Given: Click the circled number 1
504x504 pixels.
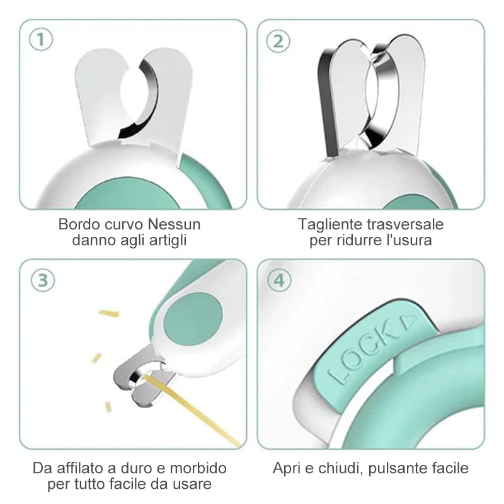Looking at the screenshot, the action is click(x=41, y=40).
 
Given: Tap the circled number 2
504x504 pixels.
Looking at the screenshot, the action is click(x=278, y=41).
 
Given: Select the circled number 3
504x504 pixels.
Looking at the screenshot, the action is click(x=43, y=280).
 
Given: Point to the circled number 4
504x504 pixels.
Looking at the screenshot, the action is click(x=279, y=280).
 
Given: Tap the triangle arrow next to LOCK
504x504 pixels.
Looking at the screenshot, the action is click(x=408, y=322).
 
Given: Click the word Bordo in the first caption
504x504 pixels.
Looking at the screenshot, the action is click(x=79, y=224).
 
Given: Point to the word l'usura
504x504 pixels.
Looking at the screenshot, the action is click(x=404, y=240).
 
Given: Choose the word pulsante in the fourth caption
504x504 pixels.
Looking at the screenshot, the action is click(x=395, y=468).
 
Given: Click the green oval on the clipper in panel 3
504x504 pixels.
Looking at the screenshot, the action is click(x=193, y=319).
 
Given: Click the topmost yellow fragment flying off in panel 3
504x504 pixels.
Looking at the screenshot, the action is click(x=109, y=313).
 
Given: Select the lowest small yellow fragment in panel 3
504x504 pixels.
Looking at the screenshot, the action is click(x=108, y=407).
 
